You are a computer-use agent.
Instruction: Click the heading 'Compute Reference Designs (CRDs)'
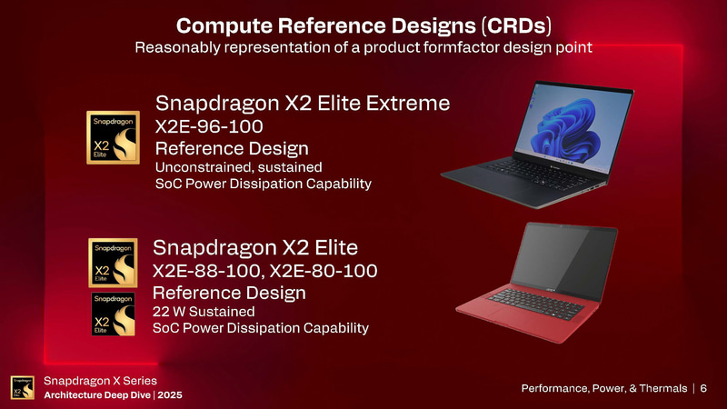[x=363, y=22]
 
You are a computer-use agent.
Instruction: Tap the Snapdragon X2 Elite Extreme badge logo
[x=113, y=137]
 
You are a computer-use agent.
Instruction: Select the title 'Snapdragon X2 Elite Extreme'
[x=303, y=103]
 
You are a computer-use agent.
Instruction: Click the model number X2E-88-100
[x=208, y=270]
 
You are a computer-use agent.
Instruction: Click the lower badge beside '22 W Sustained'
[x=113, y=314]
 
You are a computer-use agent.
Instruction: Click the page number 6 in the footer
[x=703, y=388]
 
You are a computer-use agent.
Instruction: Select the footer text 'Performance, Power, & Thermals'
[x=603, y=388]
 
